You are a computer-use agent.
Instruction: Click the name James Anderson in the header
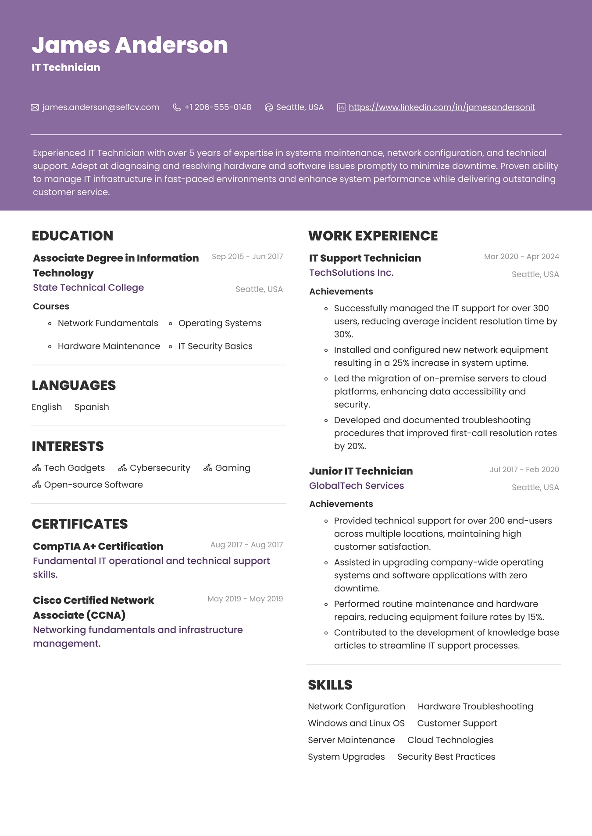pyautogui.click(x=130, y=45)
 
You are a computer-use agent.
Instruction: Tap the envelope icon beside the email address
pyautogui.click(x=35, y=107)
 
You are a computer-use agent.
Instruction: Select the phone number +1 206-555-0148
pyautogui.click(x=218, y=107)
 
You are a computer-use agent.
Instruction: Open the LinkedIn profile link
pyautogui.click(x=442, y=107)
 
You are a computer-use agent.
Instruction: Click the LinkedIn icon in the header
pyautogui.click(x=341, y=107)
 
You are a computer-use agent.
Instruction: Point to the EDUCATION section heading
pyautogui.click(x=72, y=236)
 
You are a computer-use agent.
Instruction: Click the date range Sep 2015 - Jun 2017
pyautogui.click(x=247, y=256)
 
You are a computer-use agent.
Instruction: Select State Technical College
pyautogui.click(x=88, y=288)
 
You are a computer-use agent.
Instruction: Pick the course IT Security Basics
pyautogui.click(x=215, y=346)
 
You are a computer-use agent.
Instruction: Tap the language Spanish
pyautogui.click(x=92, y=407)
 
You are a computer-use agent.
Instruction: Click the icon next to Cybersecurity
pyautogui.click(x=122, y=468)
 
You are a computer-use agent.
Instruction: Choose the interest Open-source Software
pyautogui.click(x=93, y=485)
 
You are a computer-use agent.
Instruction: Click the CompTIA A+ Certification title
pyautogui.click(x=98, y=546)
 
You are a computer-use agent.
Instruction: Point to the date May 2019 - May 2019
pyautogui.click(x=245, y=599)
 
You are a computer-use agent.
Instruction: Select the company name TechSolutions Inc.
pyautogui.click(x=351, y=273)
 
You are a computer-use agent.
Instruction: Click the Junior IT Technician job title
pyautogui.click(x=361, y=471)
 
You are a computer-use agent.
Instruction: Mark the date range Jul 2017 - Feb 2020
pyautogui.click(x=524, y=470)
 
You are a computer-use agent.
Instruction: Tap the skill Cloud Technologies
pyautogui.click(x=450, y=740)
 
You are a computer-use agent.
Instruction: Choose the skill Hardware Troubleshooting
pyautogui.click(x=475, y=707)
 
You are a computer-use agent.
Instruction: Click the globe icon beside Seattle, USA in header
pyautogui.click(x=269, y=107)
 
